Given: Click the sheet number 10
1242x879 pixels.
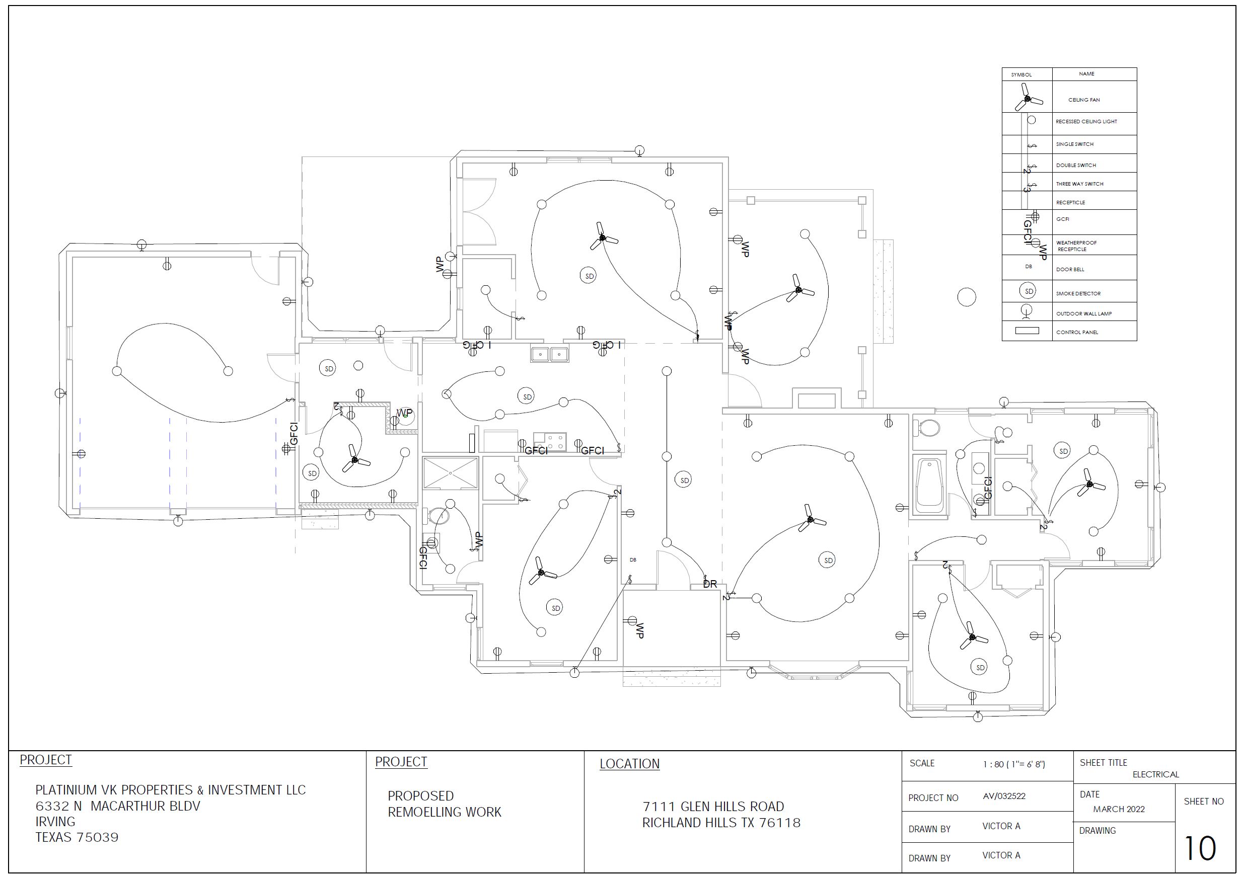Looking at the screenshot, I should (x=1200, y=848).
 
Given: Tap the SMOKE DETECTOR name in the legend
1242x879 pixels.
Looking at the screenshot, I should (x=1078, y=293).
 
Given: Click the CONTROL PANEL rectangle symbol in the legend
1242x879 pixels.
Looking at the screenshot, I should (x=1027, y=330).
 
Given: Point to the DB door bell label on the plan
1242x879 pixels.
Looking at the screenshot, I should (x=633, y=560).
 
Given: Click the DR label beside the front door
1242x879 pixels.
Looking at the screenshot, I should (x=710, y=584).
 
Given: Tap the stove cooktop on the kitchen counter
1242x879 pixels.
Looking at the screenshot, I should (x=550, y=441).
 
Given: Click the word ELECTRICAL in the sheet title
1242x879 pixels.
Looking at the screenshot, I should (x=1155, y=774).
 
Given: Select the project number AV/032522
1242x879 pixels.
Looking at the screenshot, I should (x=1004, y=796).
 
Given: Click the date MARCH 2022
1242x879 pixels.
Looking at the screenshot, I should (x=1119, y=809).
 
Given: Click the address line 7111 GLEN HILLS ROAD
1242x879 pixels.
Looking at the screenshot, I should (x=713, y=807).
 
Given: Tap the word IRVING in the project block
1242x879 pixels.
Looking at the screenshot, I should (x=55, y=822).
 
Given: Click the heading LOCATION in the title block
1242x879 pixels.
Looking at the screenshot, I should (x=629, y=764).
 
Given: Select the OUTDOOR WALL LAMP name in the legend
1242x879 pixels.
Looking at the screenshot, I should (x=1083, y=313).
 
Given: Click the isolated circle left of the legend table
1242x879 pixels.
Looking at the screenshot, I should (x=967, y=297).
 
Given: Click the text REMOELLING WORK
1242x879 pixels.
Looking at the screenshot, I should (x=445, y=812).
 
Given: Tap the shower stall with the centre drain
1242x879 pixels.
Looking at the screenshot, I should (x=451, y=473).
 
